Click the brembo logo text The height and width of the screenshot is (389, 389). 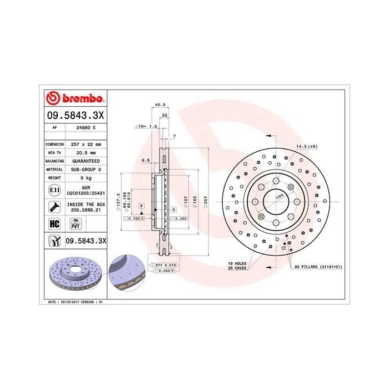[79, 99]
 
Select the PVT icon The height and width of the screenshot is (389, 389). [74, 223]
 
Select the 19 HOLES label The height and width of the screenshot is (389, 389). [237, 263]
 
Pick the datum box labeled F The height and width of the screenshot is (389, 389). [142, 206]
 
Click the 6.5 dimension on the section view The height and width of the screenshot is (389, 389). [145, 161]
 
